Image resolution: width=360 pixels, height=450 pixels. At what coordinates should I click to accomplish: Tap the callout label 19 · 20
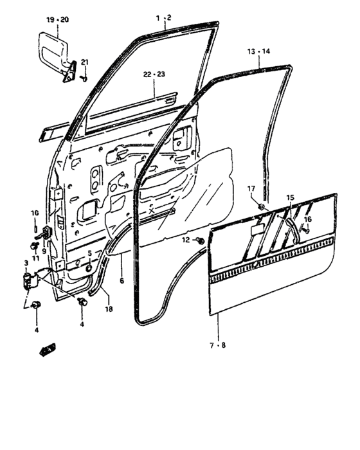tap(57, 20)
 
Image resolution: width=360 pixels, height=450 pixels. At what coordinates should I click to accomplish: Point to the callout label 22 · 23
tap(154, 75)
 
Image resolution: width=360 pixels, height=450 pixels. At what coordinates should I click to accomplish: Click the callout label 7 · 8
tap(218, 346)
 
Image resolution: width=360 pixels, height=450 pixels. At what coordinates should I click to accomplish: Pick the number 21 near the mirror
tap(85, 62)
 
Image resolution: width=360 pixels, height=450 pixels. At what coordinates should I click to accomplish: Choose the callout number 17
tap(251, 188)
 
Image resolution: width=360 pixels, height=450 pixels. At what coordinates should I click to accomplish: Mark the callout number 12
tap(186, 240)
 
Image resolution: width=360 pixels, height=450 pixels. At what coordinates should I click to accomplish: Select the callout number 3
tap(26, 263)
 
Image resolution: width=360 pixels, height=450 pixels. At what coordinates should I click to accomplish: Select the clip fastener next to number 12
tap(201, 240)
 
